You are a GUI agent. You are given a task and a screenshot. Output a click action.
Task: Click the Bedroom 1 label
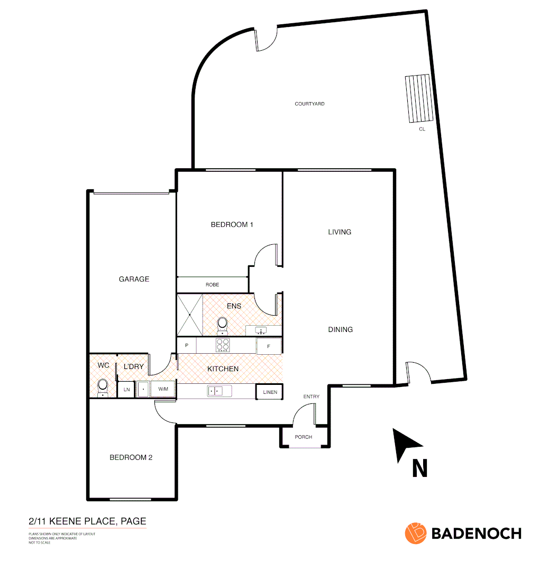[x=232, y=225]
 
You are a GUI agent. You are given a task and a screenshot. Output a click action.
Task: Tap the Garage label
[x=134, y=279]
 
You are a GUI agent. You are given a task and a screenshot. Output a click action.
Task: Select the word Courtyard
[x=309, y=104]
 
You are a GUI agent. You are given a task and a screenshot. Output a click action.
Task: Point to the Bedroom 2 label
[x=131, y=457]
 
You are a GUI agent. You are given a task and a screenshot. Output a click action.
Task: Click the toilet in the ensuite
[x=222, y=324]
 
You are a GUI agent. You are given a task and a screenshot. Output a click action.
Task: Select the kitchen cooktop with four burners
[x=223, y=345]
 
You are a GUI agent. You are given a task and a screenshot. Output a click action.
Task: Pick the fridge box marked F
[x=269, y=346]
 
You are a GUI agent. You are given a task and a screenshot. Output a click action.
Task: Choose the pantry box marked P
[x=186, y=345]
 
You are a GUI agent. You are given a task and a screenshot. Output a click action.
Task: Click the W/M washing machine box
[x=162, y=390]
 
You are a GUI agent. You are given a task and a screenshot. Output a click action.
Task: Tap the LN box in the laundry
[x=126, y=390]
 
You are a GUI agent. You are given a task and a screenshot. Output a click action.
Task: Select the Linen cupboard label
[x=270, y=392]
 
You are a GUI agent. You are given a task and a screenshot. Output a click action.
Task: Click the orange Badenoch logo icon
[x=416, y=533]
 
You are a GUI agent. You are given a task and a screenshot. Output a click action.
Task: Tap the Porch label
[x=304, y=437]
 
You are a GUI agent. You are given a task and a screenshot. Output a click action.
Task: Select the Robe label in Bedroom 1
[x=212, y=285]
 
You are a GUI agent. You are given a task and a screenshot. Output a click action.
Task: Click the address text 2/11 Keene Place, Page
[x=87, y=521]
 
